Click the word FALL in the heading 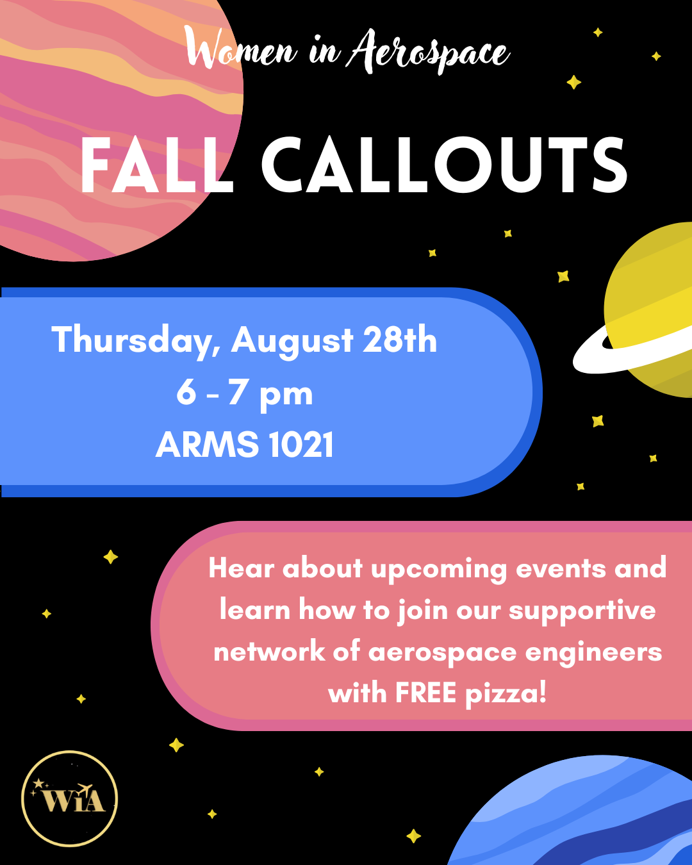click(x=157, y=165)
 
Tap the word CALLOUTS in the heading click(x=444, y=165)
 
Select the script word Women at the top click(x=242, y=48)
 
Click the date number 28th click(x=400, y=339)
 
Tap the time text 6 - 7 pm click(x=245, y=394)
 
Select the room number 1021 click(x=301, y=444)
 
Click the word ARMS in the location click(x=207, y=444)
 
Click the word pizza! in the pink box click(x=506, y=695)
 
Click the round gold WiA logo click(x=70, y=798)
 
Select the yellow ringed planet click(x=648, y=310)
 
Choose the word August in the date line click(x=292, y=342)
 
